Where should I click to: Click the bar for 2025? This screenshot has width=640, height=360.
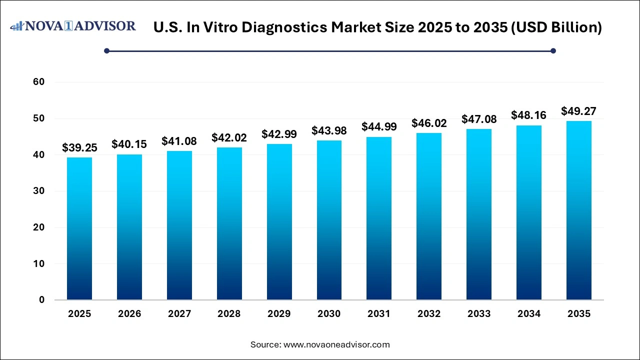pos(79,228)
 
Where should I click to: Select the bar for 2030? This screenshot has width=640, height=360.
pos(329,220)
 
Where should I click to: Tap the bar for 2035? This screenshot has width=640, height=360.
pos(579,210)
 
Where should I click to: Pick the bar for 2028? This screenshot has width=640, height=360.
pos(229,223)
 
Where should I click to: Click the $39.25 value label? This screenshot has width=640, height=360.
pos(79,147)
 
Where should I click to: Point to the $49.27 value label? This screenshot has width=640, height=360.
pos(579,111)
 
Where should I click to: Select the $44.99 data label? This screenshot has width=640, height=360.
pos(379,127)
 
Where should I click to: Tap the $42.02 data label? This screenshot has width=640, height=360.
pos(229,137)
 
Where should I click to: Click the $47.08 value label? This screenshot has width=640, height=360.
pos(479,119)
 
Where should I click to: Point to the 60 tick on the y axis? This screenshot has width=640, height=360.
pos(38,82)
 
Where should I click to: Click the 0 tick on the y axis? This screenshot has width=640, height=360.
pos(42,300)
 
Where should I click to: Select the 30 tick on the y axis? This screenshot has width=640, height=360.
pos(38,191)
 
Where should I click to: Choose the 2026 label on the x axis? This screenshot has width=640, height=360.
pos(129,314)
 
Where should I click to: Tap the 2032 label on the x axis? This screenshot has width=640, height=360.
pos(429,314)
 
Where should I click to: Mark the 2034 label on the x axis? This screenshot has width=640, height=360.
pos(529,314)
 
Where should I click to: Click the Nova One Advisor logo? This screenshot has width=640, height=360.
pos(73,26)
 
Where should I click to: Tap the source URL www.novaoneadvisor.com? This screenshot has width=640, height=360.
pos(336,344)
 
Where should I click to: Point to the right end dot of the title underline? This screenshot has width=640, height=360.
pos(553,50)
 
